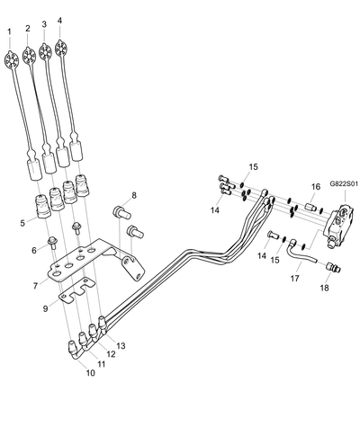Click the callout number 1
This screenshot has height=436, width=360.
pyautogui.click(x=10, y=31)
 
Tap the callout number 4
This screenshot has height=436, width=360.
pyautogui.click(x=59, y=21)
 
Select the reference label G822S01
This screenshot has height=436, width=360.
pyautogui.click(x=344, y=183)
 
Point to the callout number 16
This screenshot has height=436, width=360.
pyautogui.click(x=316, y=187)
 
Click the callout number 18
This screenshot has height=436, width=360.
pyautogui.click(x=325, y=288)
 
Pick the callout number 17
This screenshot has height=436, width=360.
pyautogui.click(x=295, y=279)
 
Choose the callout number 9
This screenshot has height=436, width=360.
pyautogui.click(x=46, y=308)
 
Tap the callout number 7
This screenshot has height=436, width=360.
pyautogui.click(x=35, y=286)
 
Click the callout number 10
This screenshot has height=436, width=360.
pyautogui.click(x=90, y=373)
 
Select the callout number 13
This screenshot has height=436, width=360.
pyautogui.click(x=121, y=346)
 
